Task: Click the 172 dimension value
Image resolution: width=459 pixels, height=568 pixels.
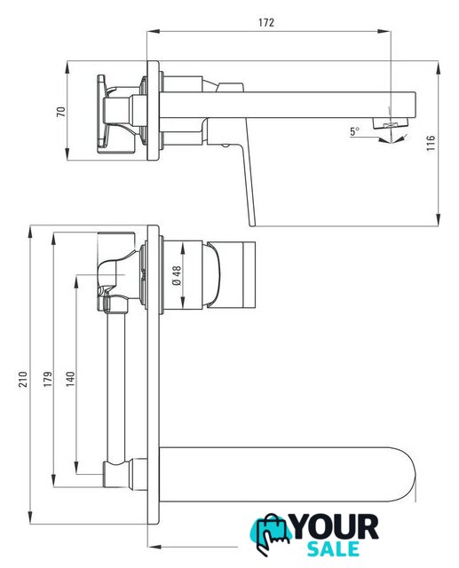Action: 266,22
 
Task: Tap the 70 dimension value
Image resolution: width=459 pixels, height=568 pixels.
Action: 61,111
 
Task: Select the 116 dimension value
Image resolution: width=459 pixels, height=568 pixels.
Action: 430,143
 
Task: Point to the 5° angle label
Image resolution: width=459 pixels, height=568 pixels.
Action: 354,131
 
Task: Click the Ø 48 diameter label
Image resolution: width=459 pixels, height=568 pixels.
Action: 177,276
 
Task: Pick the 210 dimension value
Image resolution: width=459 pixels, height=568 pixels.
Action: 23,379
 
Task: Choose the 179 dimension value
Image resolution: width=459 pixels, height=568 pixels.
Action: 48,379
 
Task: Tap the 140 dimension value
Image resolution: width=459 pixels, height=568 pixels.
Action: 70,379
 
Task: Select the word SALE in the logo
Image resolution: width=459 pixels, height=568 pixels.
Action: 333,549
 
